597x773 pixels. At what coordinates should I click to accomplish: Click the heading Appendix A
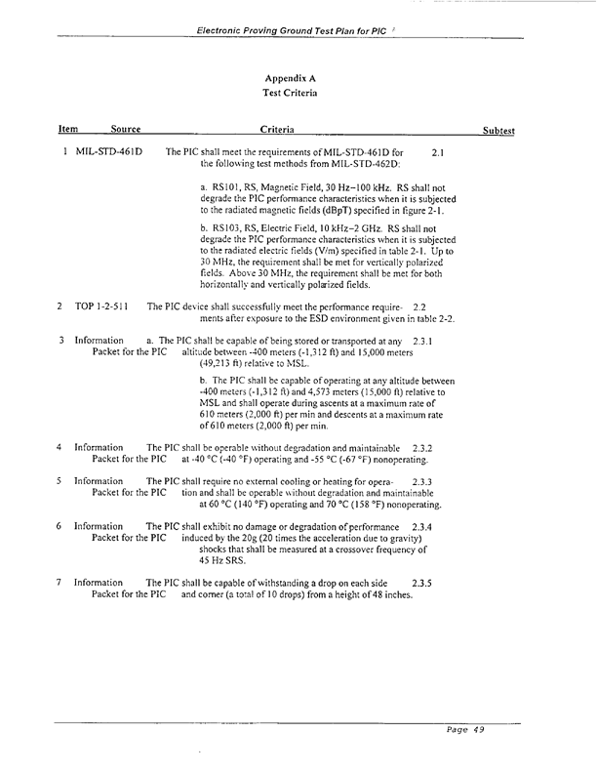pyautogui.click(x=290, y=77)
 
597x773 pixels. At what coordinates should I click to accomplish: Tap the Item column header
pyautogui.click(x=68, y=130)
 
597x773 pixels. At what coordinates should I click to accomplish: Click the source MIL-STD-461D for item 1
pyautogui.click(x=108, y=152)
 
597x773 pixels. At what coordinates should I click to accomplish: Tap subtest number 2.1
pyautogui.click(x=438, y=152)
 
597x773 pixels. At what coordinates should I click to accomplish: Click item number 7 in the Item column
pyautogui.click(x=60, y=583)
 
